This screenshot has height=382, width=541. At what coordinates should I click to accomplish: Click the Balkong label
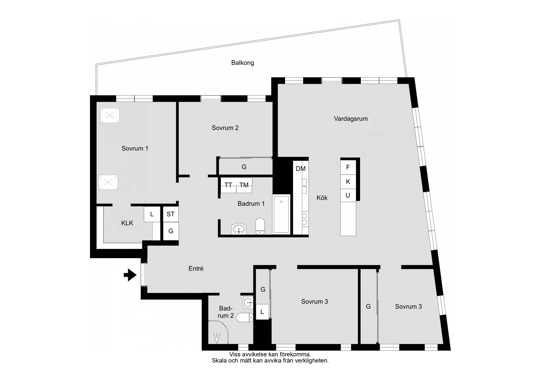pos(242,63)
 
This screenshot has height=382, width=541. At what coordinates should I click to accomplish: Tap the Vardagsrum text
pos(351,119)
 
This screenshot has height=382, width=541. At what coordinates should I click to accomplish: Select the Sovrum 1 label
pos(135,148)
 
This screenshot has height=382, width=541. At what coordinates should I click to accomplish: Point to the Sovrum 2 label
pos(225,128)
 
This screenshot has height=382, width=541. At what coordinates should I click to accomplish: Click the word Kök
pos(322,198)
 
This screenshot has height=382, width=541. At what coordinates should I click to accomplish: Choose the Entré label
pos(196,269)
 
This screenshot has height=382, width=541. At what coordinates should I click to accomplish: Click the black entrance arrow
pos(130,275)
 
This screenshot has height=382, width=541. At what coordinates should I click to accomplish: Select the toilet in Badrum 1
pos(260,226)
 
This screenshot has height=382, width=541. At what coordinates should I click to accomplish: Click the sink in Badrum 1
pos(239,229)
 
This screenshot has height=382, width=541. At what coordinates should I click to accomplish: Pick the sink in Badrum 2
pos(248,302)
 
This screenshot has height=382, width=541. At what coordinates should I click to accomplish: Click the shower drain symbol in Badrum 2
pos(216,338)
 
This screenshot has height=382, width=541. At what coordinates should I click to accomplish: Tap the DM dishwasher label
pos(300,169)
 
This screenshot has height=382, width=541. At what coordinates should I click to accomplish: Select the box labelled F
pos(348,167)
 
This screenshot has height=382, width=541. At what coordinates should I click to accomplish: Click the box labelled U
pos(348,196)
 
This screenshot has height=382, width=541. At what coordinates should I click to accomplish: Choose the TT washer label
pos(228,185)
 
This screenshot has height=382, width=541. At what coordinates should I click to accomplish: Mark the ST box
pos(170,214)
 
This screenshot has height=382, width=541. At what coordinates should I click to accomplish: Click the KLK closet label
pos(127,223)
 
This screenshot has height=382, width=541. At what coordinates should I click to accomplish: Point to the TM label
pos(244,185)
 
